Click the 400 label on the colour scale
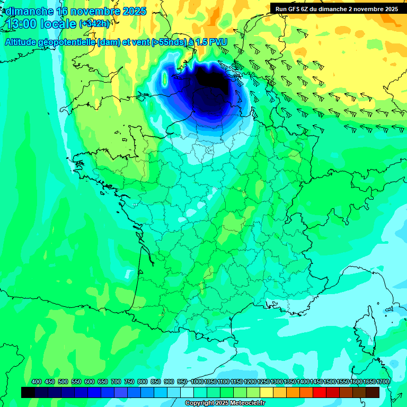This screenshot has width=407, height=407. tap(37, 382)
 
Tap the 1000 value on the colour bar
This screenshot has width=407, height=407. tap(197, 382)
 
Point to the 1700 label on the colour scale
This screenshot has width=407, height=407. tap(383, 382)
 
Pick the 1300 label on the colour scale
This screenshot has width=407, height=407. tap(277, 382)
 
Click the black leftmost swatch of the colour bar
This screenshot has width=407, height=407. tap(28, 392)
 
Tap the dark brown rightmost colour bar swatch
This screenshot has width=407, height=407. tap(373, 392)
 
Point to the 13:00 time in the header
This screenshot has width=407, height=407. tap(22, 23)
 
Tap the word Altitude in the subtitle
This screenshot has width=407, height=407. tap(22, 42)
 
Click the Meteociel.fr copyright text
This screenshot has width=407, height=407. tap(225, 403)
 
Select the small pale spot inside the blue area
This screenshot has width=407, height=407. tap(164, 80)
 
